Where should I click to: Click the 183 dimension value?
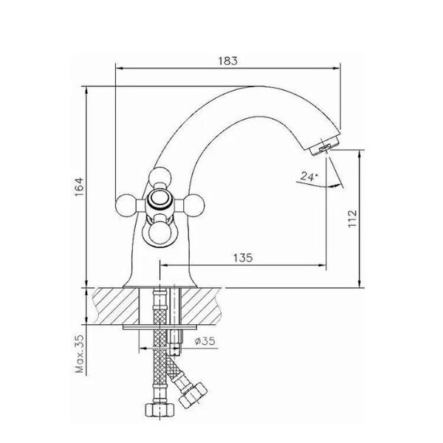point(227,61)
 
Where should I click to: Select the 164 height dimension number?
point(80,187)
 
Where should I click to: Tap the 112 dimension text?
point(352,218)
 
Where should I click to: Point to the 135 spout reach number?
point(243,258)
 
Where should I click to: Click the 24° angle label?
point(309,176)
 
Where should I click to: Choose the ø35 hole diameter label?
point(205,341)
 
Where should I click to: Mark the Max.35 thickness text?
point(80,354)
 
